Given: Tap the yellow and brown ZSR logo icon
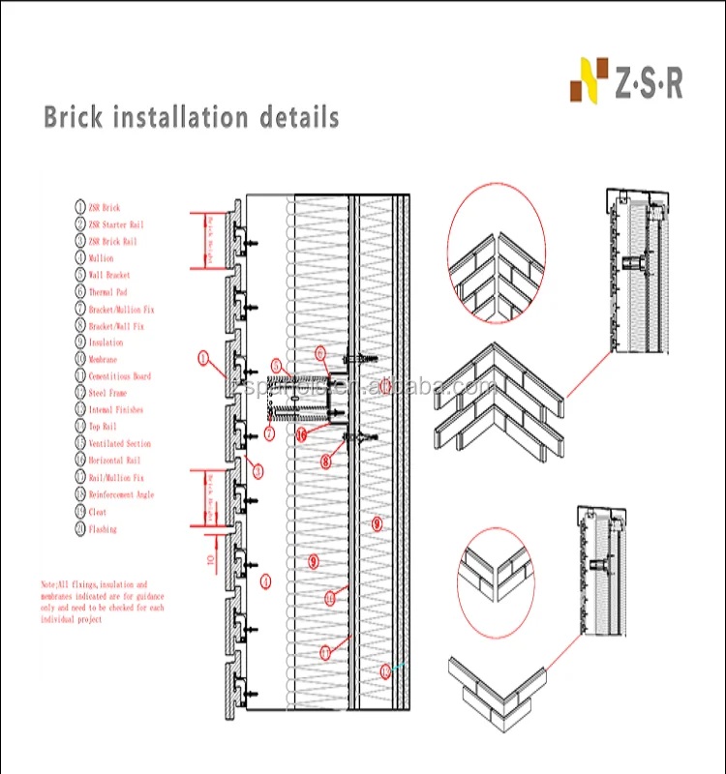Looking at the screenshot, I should pyautogui.click(x=590, y=80).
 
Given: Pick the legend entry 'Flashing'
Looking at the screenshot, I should pyautogui.click(x=103, y=529).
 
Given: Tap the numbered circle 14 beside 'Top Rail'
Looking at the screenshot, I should pyautogui.click(x=80, y=427).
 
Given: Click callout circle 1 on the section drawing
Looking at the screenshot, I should pyautogui.click(x=203, y=358).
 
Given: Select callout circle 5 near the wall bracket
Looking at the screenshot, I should pyautogui.click(x=276, y=366).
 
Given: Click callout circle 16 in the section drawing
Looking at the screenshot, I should pyautogui.click(x=301, y=434).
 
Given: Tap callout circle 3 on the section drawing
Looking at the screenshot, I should pyautogui.click(x=257, y=471).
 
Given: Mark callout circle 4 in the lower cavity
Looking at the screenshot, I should pyautogui.click(x=266, y=581).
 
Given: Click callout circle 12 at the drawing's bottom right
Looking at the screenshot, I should pyautogui.click(x=385, y=670).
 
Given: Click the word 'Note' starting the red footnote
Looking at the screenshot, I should pyautogui.click(x=48, y=585).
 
